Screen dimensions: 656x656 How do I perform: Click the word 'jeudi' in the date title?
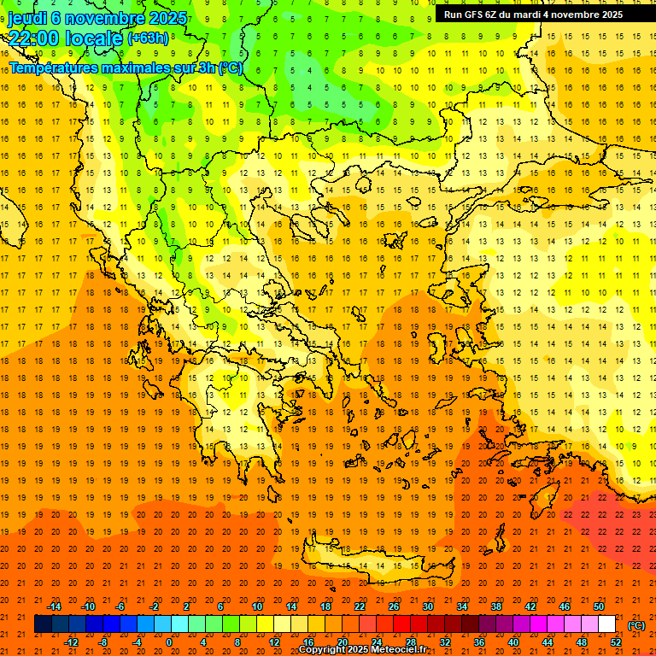[27, 18]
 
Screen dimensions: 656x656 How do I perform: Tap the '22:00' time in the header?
[35, 39]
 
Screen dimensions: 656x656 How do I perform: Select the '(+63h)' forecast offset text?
[148, 38]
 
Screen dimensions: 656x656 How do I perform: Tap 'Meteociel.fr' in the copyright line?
[400, 650]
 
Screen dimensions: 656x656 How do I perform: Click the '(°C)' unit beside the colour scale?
[636, 625]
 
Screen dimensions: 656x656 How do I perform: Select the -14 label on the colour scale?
[54, 606]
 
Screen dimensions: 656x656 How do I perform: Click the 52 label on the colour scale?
[616, 642]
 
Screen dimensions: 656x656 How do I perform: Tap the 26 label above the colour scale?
[394, 606]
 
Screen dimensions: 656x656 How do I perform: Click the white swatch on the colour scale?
[607, 624]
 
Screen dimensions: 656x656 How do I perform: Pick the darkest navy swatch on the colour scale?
[43, 624]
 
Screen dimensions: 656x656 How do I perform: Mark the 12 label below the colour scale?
[273, 642]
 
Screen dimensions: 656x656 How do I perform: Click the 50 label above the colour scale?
[599, 606]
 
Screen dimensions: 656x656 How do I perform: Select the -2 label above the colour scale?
[155, 606]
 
